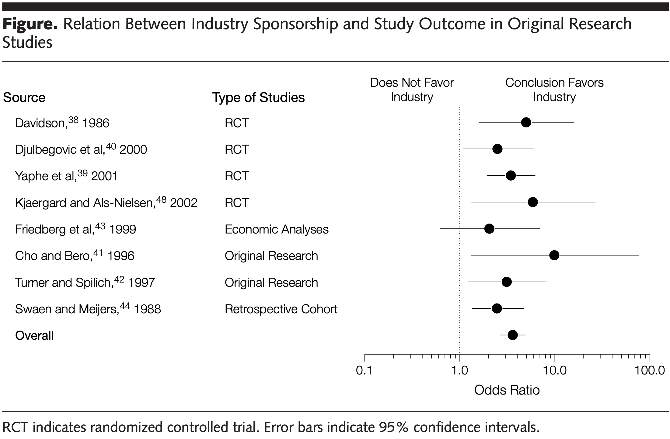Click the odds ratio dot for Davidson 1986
(x=526, y=122)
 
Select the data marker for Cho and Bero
(x=554, y=255)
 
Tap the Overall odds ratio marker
(x=513, y=335)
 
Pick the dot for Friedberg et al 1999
(x=489, y=229)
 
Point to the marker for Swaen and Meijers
(x=497, y=308)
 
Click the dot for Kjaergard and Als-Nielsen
(x=533, y=202)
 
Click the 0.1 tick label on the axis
(x=364, y=371)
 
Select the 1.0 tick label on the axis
(x=459, y=371)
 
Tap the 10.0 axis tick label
(x=555, y=371)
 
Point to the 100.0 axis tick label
(x=649, y=371)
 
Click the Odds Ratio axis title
(x=507, y=390)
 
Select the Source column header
(x=24, y=98)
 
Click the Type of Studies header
(x=258, y=98)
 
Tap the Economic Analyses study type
(x=277, y=229)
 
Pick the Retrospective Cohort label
(x=281, y=309)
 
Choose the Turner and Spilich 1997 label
(x=85, y=282)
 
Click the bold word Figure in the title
(x=30, y=24)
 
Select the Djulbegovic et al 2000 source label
(x=81, y=149)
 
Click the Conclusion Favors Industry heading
(x=554, y=90)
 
